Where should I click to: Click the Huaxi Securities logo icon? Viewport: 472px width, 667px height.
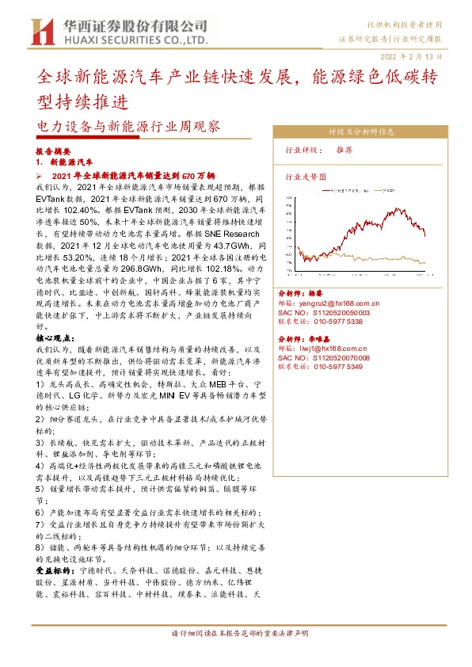[x=40, y=32]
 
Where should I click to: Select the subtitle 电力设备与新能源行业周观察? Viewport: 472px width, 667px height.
[x=128, y=126]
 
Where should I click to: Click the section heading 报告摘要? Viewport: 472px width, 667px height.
[x=54, y=151]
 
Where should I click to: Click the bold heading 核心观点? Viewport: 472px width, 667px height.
[x=55, y=337]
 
